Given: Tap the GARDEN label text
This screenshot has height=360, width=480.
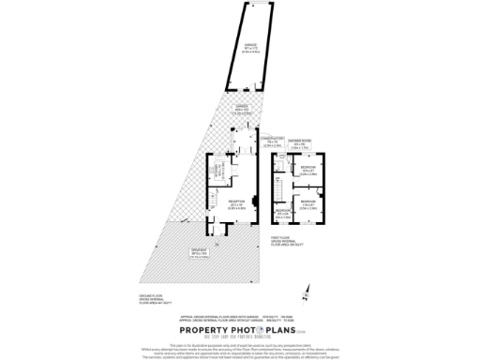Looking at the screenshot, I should click(239, 110).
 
